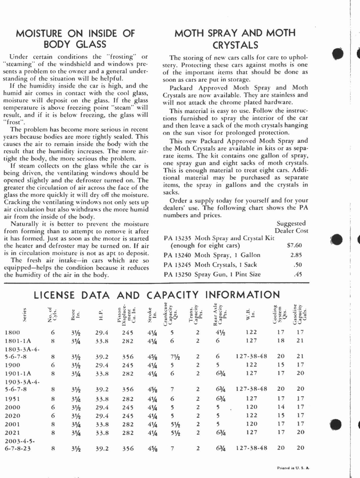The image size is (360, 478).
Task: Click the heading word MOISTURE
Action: (x=40, y=33)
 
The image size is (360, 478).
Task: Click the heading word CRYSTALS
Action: (x=235, y=45)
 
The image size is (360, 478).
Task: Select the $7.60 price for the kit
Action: (x=294, y=246)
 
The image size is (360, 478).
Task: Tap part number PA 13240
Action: (x=177, y=255)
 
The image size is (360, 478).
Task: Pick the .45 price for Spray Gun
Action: (x=298, y=274)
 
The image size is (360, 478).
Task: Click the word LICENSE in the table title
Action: (x=54, y=295)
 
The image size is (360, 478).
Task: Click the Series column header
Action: (x=25, y=315)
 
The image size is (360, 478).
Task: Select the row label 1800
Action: (x=13, y=332)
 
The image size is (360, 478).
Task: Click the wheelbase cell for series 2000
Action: (x=251, y=407)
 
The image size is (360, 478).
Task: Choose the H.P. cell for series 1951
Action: (x=102, y=399)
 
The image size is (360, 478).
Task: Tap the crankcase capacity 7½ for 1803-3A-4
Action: (x=175, y=356)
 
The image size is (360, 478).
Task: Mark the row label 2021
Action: (x=13, y=432)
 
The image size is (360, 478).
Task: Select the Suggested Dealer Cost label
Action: (x=291, y=227)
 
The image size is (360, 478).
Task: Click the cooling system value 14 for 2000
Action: (x=281, y=407)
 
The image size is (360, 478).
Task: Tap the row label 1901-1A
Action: (x=18, y=373)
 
